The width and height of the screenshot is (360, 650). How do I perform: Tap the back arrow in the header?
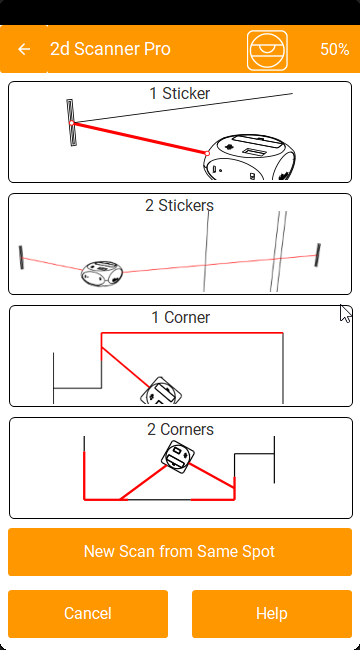(x=24, y=49)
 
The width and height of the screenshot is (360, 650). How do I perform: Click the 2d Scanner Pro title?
(x=110, y=49)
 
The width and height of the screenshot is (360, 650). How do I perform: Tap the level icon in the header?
(x=267, y=50)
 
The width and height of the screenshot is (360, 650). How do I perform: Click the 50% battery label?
(x=335, y=49)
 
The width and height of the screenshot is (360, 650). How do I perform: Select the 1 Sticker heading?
(x=180, y=93)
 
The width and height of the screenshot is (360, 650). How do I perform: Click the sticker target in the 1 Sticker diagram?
(x=72, y=123)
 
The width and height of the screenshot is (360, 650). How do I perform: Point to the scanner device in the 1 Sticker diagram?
(x=249, y=158)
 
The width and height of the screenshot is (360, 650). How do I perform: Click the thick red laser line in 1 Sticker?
(x=139, y=138)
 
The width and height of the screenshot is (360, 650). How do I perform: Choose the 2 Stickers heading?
(x=180, y=205)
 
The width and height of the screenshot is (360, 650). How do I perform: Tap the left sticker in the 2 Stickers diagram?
(x=21, y=257)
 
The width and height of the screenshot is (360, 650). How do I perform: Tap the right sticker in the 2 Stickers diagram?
(x=318, y=255)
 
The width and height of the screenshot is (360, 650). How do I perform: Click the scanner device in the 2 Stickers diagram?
(x=102, y=274)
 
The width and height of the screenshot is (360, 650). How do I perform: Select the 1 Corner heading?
(x=181, y=318)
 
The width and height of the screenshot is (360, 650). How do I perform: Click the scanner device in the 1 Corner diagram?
(x=161, y=391)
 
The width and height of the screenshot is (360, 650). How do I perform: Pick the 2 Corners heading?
(x=180, y=429)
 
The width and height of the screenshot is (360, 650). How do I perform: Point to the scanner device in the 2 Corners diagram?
(x=178, y=457)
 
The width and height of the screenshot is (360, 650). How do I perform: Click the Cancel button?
(x=88, y=614)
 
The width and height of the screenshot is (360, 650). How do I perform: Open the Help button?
(x=272, y=614)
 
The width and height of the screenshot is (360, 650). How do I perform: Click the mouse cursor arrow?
(x=345, y=313)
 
